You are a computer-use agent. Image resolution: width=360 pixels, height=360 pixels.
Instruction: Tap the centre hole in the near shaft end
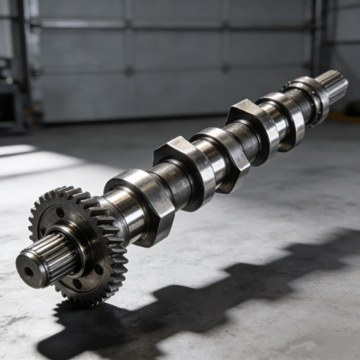pos(28,272)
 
